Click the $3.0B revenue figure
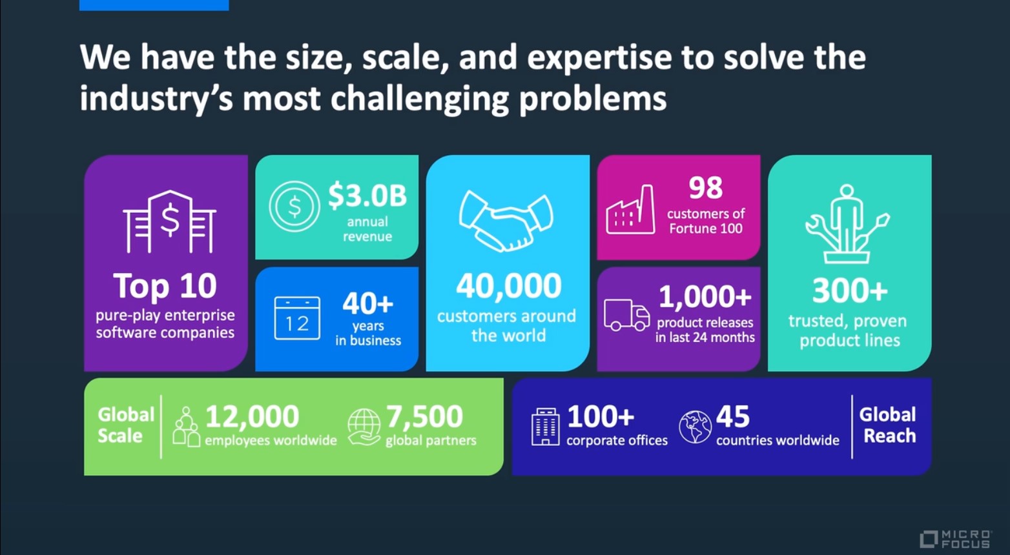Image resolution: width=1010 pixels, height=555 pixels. click(x=367, y=196)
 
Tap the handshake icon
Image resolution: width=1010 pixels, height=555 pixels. click(x=506, y=221)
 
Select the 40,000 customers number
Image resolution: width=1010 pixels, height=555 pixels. click(x=509, y=286)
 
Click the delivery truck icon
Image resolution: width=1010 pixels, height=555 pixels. click(x=627, y=315)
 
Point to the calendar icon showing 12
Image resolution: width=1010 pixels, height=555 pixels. click(x=297, y=318)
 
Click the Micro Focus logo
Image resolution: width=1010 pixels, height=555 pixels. click(x=955, y=539)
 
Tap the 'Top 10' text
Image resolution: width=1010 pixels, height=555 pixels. click(x=165, y=286)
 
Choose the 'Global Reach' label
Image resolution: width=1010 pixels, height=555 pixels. click(x=888, y=425)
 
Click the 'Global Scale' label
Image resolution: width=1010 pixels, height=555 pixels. click(x=126, y=425)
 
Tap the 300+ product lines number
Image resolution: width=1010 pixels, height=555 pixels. click(x=850, y=290)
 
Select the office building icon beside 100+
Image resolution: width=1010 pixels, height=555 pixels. click(x=546, y=427)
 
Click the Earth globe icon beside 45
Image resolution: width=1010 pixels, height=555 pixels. click(x=696, y=427)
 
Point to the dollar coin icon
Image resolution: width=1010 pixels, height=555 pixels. click(x=294, y=207)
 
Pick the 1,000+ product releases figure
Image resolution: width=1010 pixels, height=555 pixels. click(x=705, y=296)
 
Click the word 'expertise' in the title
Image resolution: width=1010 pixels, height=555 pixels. click(x=600, y=57)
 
